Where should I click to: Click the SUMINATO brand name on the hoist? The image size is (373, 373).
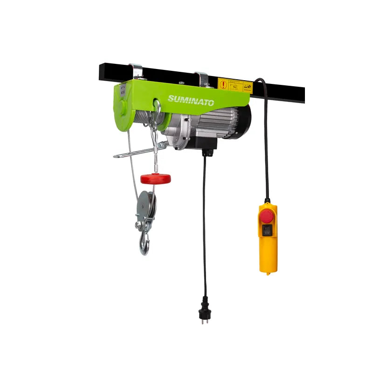[191, 100]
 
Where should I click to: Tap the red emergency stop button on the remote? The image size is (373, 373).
[267, 216]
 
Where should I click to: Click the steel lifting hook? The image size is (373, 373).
[145, 243]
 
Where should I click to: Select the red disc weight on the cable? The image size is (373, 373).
[156, 178]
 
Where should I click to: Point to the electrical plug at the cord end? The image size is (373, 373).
[204, 308]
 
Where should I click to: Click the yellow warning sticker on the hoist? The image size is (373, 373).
[235, 85]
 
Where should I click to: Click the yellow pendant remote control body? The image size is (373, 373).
[268, 238]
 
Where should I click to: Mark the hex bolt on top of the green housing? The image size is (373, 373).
[181, 83]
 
